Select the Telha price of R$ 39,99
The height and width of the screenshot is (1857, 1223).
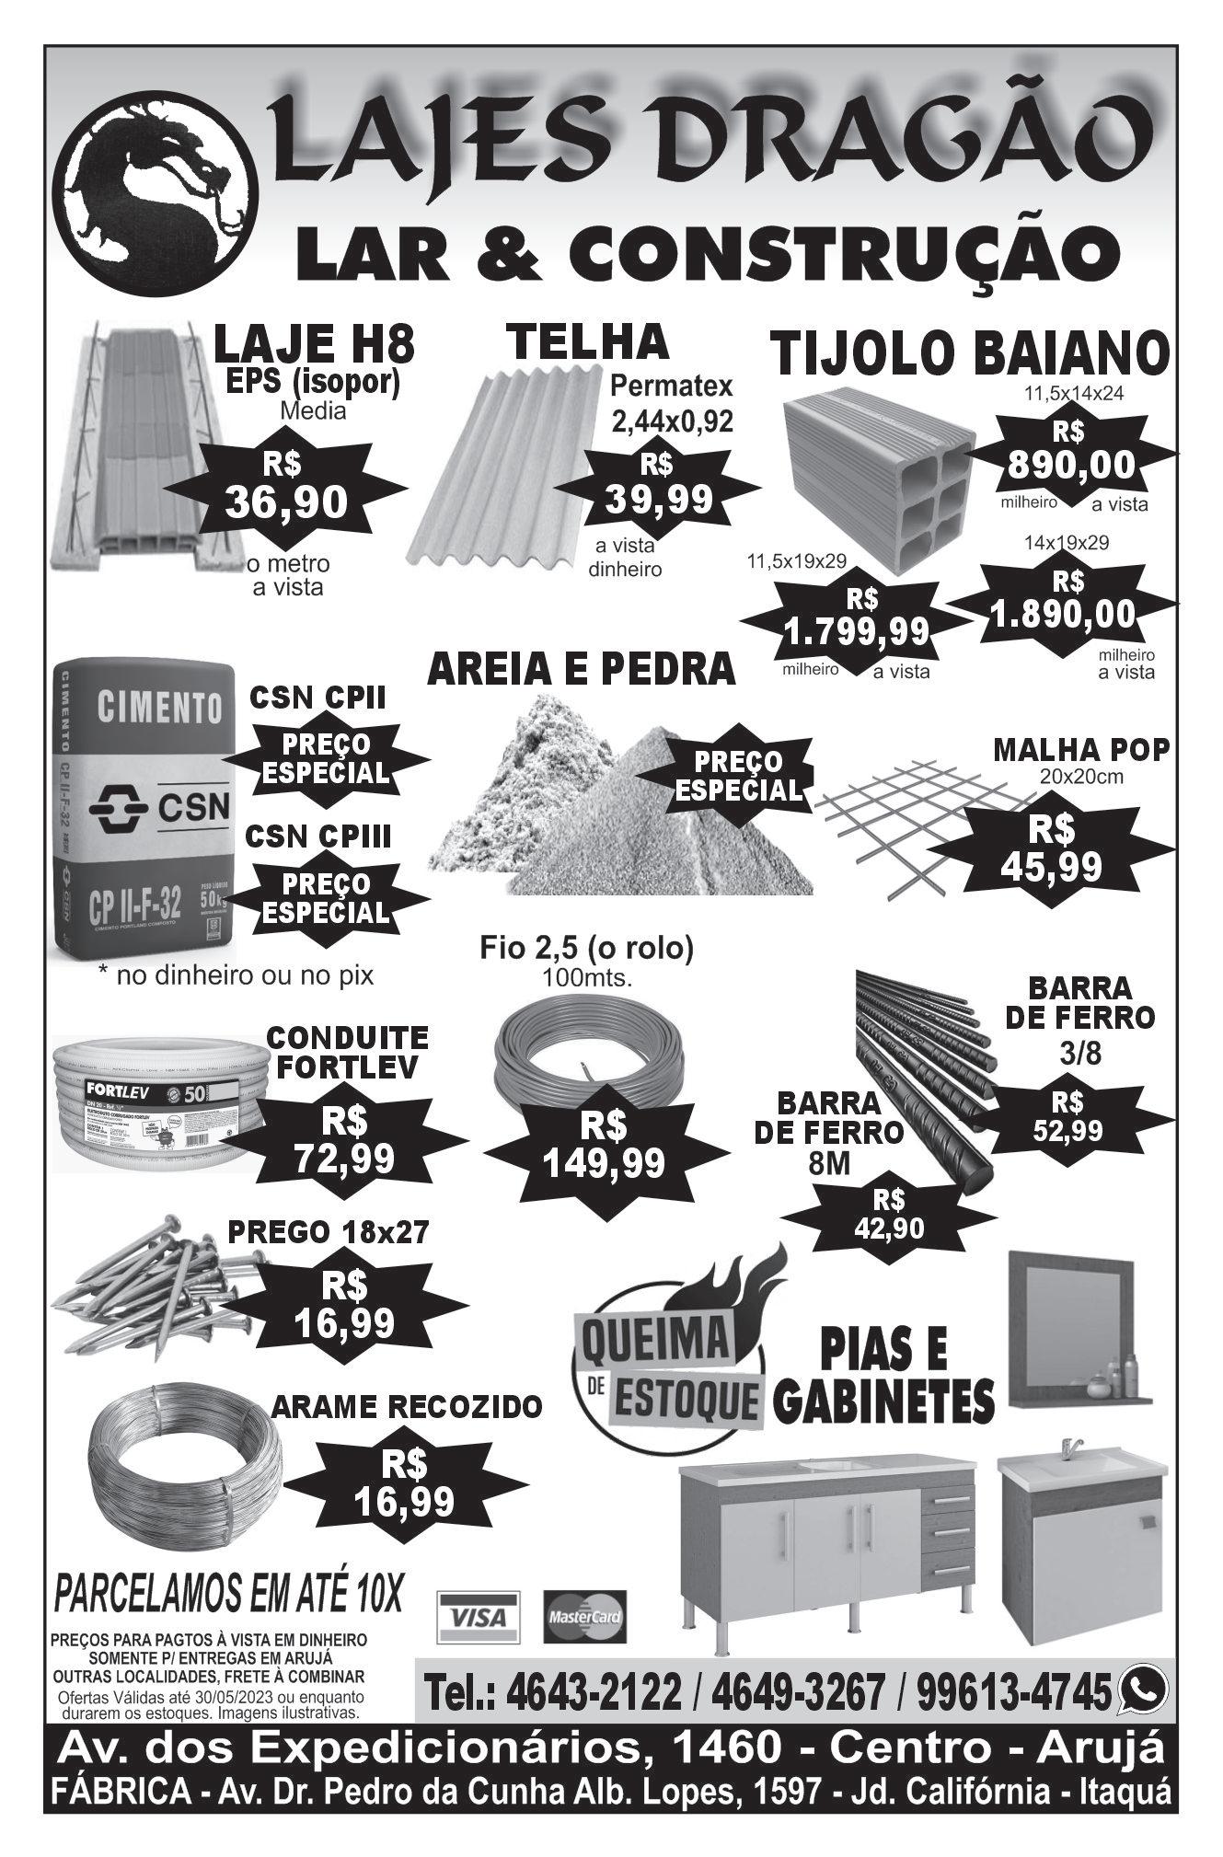658,485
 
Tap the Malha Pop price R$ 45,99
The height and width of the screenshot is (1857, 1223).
1051,851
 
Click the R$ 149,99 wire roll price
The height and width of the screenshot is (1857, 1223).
604,1148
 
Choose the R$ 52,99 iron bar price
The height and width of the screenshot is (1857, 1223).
1067,1117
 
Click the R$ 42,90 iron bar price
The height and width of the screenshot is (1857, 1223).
888,1213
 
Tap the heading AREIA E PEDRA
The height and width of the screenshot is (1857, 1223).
582,669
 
